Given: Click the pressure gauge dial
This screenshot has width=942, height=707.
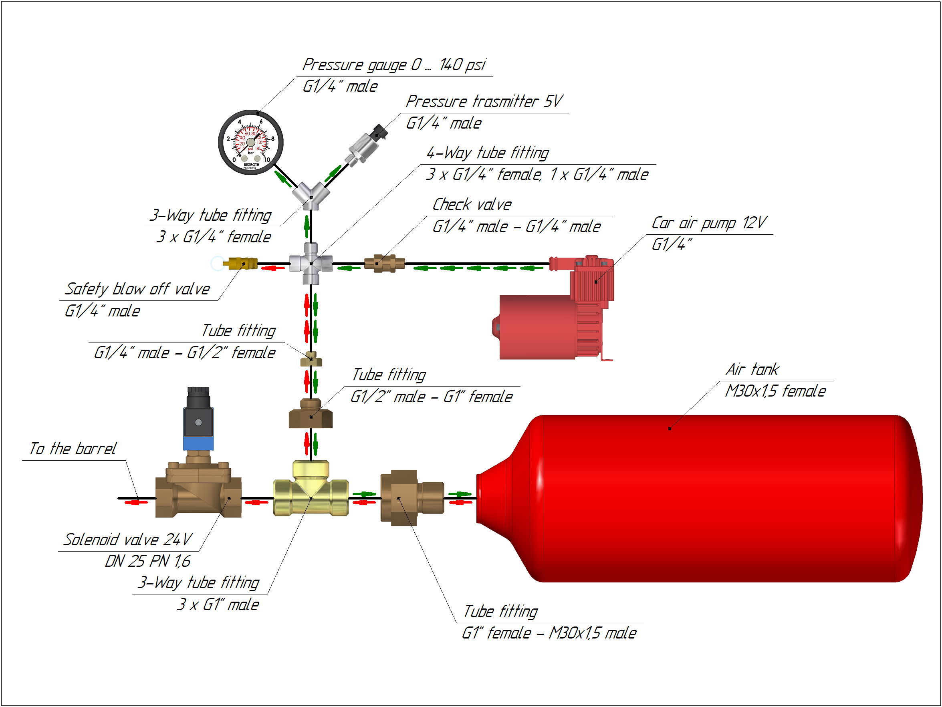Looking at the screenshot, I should click(x=251, y=143).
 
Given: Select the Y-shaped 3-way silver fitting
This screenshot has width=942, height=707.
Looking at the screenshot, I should click(x=311, y=195).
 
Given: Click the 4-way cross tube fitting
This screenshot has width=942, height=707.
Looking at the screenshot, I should click(x=311, y=264).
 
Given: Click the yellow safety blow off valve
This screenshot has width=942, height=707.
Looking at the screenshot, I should click(x=242, y=264).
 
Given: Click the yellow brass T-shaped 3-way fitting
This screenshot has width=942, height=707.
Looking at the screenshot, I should click(x=311, y=494).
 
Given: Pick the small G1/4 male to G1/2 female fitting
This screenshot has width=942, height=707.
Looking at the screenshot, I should click(x=311, y=360).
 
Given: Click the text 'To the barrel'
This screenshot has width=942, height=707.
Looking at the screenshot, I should click(x=73, y=449).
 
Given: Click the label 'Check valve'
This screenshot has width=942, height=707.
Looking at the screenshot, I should click(x=472, y=205).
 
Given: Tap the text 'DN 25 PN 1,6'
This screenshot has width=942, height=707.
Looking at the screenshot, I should click(x=148, y=562).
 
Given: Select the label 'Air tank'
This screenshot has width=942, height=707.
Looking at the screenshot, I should click(x=752, y=369).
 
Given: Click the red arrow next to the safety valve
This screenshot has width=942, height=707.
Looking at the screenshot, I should click(x=272, y=268).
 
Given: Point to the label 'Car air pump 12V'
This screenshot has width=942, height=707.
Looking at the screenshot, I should click(x=709, y=223).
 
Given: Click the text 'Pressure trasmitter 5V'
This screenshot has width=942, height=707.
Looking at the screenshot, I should click(x=484, y=102).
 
